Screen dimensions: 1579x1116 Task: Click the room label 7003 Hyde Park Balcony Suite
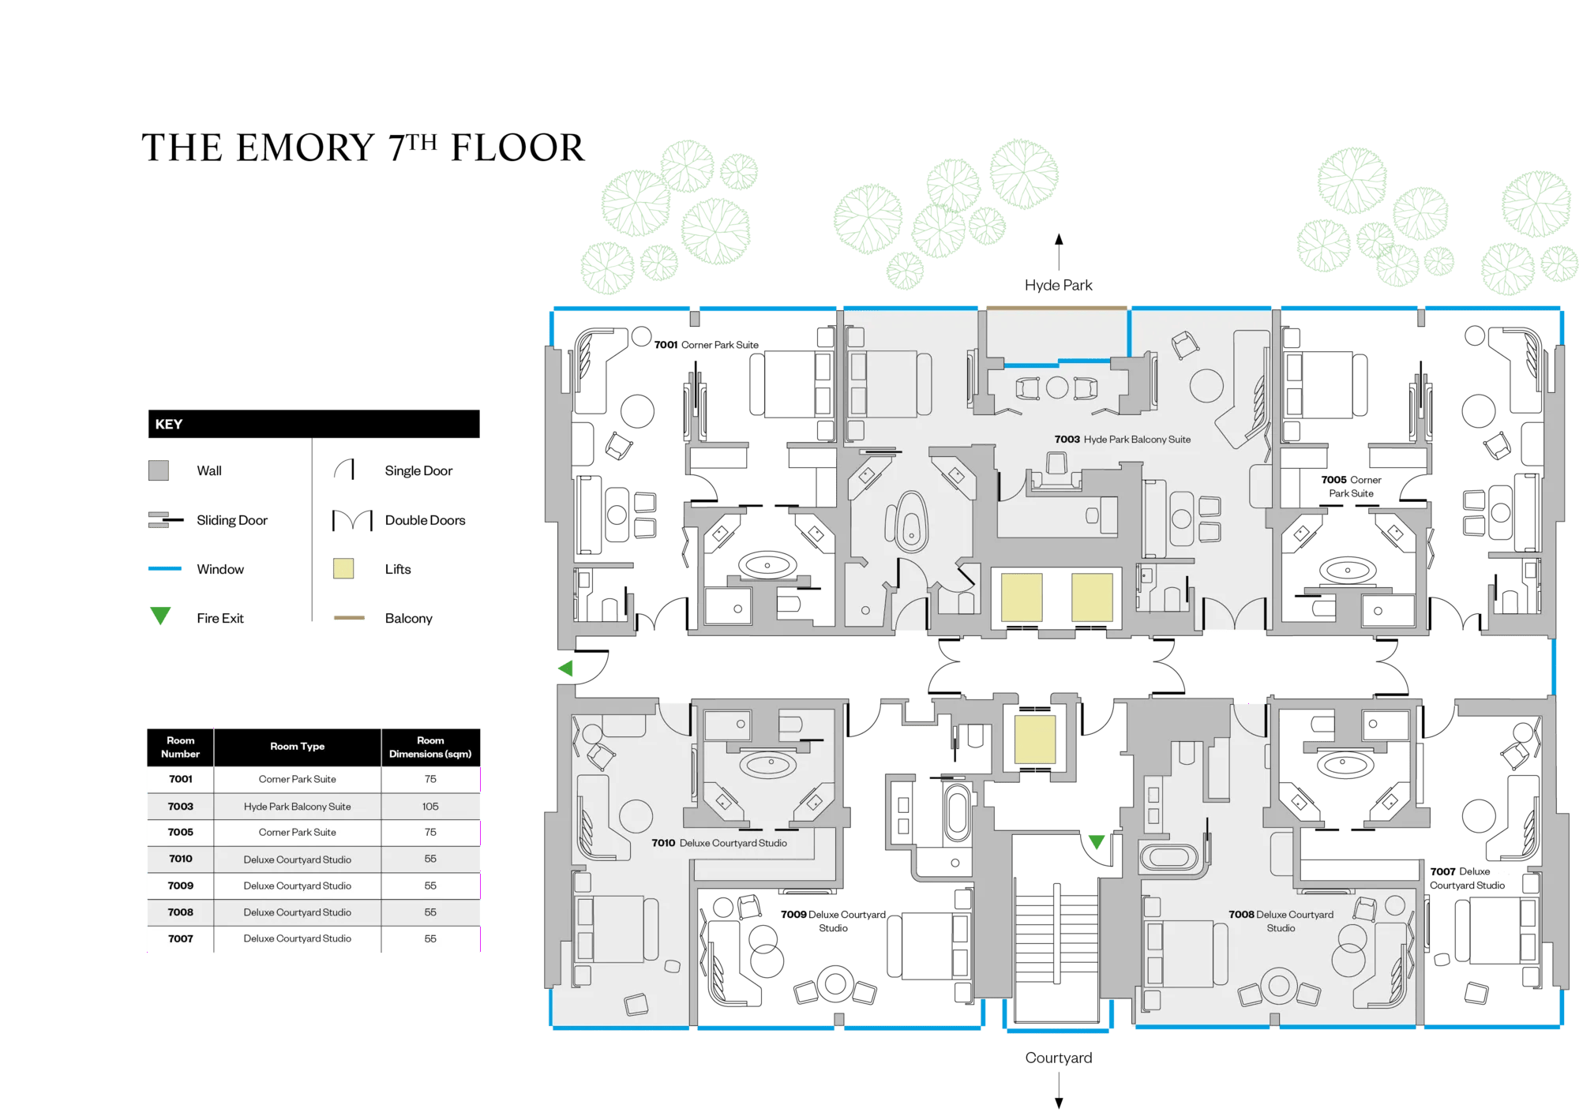click(1122, 440)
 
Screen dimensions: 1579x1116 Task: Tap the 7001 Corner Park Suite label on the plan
click(706, 345)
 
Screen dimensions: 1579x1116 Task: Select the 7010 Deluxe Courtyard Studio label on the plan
click(719, 843)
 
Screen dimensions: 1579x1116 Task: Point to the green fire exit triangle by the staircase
click(1097, 842)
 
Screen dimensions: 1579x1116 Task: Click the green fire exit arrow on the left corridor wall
click(565, 668)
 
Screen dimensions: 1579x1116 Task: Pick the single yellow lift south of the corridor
click(1035, 740)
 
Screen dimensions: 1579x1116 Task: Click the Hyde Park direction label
click(1058, 285)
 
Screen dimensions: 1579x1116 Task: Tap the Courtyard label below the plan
click(1059, 1058)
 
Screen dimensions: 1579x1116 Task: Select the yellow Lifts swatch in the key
click(343, 568)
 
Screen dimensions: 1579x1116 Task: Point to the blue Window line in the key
click(165, 568)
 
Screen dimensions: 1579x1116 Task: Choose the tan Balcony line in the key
click(349, 618)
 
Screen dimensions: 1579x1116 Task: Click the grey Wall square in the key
click(159, 470)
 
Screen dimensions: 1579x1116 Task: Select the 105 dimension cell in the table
click(430, 806)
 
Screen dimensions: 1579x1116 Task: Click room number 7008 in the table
click(180, 912)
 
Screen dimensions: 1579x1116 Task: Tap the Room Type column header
click(297, 746)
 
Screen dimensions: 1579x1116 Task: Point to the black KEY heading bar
click(313, 424)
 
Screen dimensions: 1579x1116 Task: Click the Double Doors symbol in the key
click(352, 520)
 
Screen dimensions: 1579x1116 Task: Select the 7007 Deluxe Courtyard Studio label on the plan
click(1467, 878)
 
